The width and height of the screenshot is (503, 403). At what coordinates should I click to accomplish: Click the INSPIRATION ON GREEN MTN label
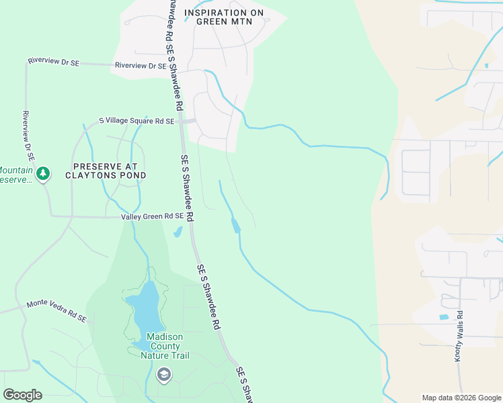click(223, 17)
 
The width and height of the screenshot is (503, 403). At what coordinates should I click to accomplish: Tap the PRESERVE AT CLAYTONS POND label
click(106, 171)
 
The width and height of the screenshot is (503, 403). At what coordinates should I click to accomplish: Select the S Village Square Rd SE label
click(137, 121)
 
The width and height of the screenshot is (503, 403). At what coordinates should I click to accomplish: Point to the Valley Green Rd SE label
click(152, 216)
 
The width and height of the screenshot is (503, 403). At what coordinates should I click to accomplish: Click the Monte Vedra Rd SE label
click(56, 311)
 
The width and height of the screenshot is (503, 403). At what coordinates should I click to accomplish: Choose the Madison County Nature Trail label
click(165, 346)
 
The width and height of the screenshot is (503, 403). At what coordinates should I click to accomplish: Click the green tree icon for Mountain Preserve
click(44, 174)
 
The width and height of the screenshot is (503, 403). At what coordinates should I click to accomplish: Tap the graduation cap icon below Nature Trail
click(163, 374)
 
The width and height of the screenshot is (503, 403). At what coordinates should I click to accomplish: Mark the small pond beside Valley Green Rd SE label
click(178, 232)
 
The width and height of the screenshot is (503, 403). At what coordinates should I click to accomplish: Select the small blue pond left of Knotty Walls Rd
click(443, 316)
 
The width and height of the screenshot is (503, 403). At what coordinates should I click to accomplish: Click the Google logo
click(22, 395)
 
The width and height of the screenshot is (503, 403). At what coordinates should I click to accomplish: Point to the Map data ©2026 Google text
click(461, 398)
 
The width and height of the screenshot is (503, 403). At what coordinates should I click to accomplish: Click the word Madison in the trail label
click(165, 337)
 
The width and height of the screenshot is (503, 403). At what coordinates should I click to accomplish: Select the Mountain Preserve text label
click(15, 175)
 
